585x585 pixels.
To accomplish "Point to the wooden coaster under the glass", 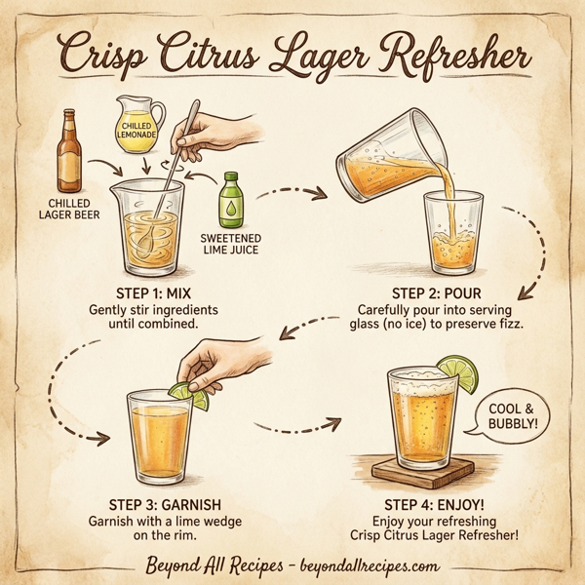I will [x=430, y=474].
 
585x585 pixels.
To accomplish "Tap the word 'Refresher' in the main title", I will [x=459, y=53].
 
